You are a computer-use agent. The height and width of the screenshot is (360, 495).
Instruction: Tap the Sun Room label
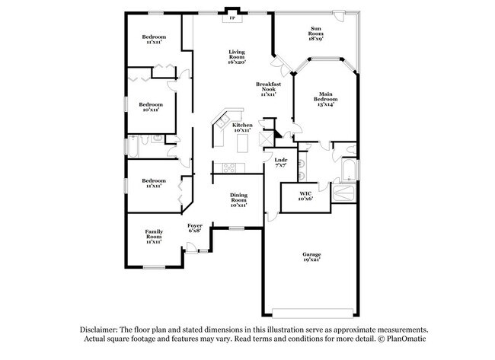(x=315, y=33)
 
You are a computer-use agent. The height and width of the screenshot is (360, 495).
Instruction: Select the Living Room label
(x=237, y=55)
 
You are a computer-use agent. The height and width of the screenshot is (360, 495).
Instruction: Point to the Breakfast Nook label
(x=267, y=87)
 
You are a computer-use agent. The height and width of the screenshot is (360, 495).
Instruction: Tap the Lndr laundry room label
(x=281, y=160)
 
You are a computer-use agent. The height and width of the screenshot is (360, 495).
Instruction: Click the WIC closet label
(x=305, y=195)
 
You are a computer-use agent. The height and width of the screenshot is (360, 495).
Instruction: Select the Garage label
(x=311, y=255)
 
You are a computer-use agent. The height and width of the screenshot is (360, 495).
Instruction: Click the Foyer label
(x=195, y=226)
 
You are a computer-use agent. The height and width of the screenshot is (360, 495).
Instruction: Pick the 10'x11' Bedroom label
(x=150, y=107)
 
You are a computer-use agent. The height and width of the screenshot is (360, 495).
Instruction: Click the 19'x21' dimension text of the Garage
(x=311, y=261)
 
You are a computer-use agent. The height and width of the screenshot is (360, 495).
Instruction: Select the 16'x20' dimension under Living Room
(x=237, y=62)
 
